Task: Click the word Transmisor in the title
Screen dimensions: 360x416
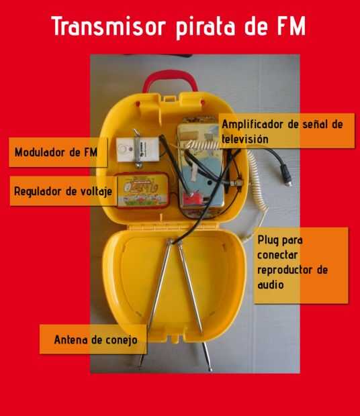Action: (109, 25)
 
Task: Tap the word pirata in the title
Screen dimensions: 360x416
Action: (206, 28)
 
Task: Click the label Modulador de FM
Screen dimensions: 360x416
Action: (56, 152)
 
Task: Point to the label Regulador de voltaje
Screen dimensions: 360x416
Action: (63, 191)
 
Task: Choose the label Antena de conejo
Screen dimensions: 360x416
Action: (96, 340)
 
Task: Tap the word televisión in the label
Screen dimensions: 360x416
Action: (244, 139)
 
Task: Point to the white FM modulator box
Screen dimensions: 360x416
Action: (138, 150)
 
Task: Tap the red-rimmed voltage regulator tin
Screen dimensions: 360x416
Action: (143, 191)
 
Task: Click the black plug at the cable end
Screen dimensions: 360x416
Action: (286, 175)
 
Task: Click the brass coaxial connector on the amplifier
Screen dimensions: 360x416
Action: (237, 183)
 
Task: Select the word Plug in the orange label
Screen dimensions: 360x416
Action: (267, 240)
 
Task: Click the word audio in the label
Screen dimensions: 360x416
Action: (271, 284)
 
